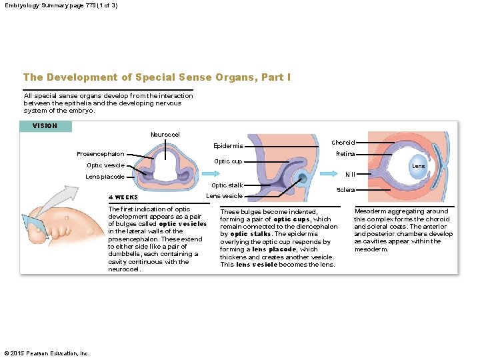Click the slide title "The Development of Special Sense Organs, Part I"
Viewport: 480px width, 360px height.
(x=157, y=77)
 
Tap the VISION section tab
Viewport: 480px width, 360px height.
(x=45, y=126)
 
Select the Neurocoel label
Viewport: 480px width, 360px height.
(x=165, y=135)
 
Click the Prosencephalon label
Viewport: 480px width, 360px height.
(x=100, y=155)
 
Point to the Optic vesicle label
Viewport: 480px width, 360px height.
(x=105, y=165)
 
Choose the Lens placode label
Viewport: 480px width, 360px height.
(x=105, y=177)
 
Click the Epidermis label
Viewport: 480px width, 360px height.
(x=228, y=146)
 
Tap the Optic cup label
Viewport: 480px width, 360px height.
(x=228, y=161)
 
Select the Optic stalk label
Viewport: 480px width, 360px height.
(x=227, y=185)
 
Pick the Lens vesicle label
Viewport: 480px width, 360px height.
(x=225, y=196)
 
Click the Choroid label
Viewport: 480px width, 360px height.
(x=343, y=143)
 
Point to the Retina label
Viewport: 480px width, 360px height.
(x=345, y=154)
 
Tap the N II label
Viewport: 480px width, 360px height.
(x=349, y=175)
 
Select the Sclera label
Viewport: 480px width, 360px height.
(x=346, y=190)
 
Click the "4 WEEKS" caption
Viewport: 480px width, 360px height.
(x=123, y=197)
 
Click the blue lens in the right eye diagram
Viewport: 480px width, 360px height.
(x=418, y=167)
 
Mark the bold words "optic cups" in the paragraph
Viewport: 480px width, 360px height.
(x=292, y=219)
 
